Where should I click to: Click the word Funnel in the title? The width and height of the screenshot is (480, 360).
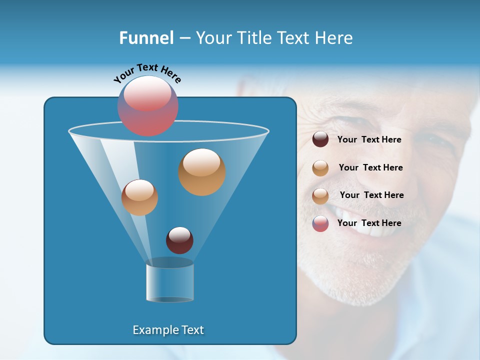146,38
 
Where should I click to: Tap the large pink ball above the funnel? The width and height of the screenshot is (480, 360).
148,106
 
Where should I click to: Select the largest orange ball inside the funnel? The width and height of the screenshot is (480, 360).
202,172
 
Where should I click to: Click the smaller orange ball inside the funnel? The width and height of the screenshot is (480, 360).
139,197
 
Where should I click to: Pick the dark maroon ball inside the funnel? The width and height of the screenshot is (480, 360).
179,240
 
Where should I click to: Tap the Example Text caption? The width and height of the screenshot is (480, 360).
168,330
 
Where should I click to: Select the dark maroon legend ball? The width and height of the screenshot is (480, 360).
320,139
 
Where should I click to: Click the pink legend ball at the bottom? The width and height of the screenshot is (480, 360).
320,223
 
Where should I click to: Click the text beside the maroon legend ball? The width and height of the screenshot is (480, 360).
369,139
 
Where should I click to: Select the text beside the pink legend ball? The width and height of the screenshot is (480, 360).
369,223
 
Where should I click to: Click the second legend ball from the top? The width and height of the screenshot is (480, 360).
320,168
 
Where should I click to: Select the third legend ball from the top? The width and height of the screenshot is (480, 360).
320,196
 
